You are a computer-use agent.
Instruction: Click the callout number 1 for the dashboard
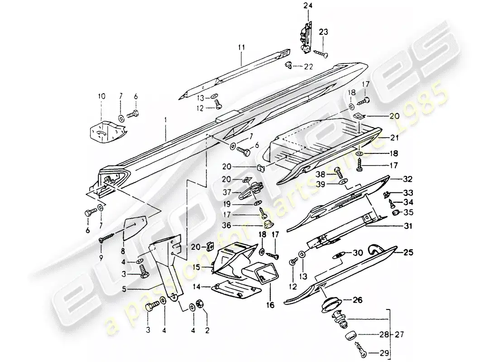(x=166, y=120)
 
